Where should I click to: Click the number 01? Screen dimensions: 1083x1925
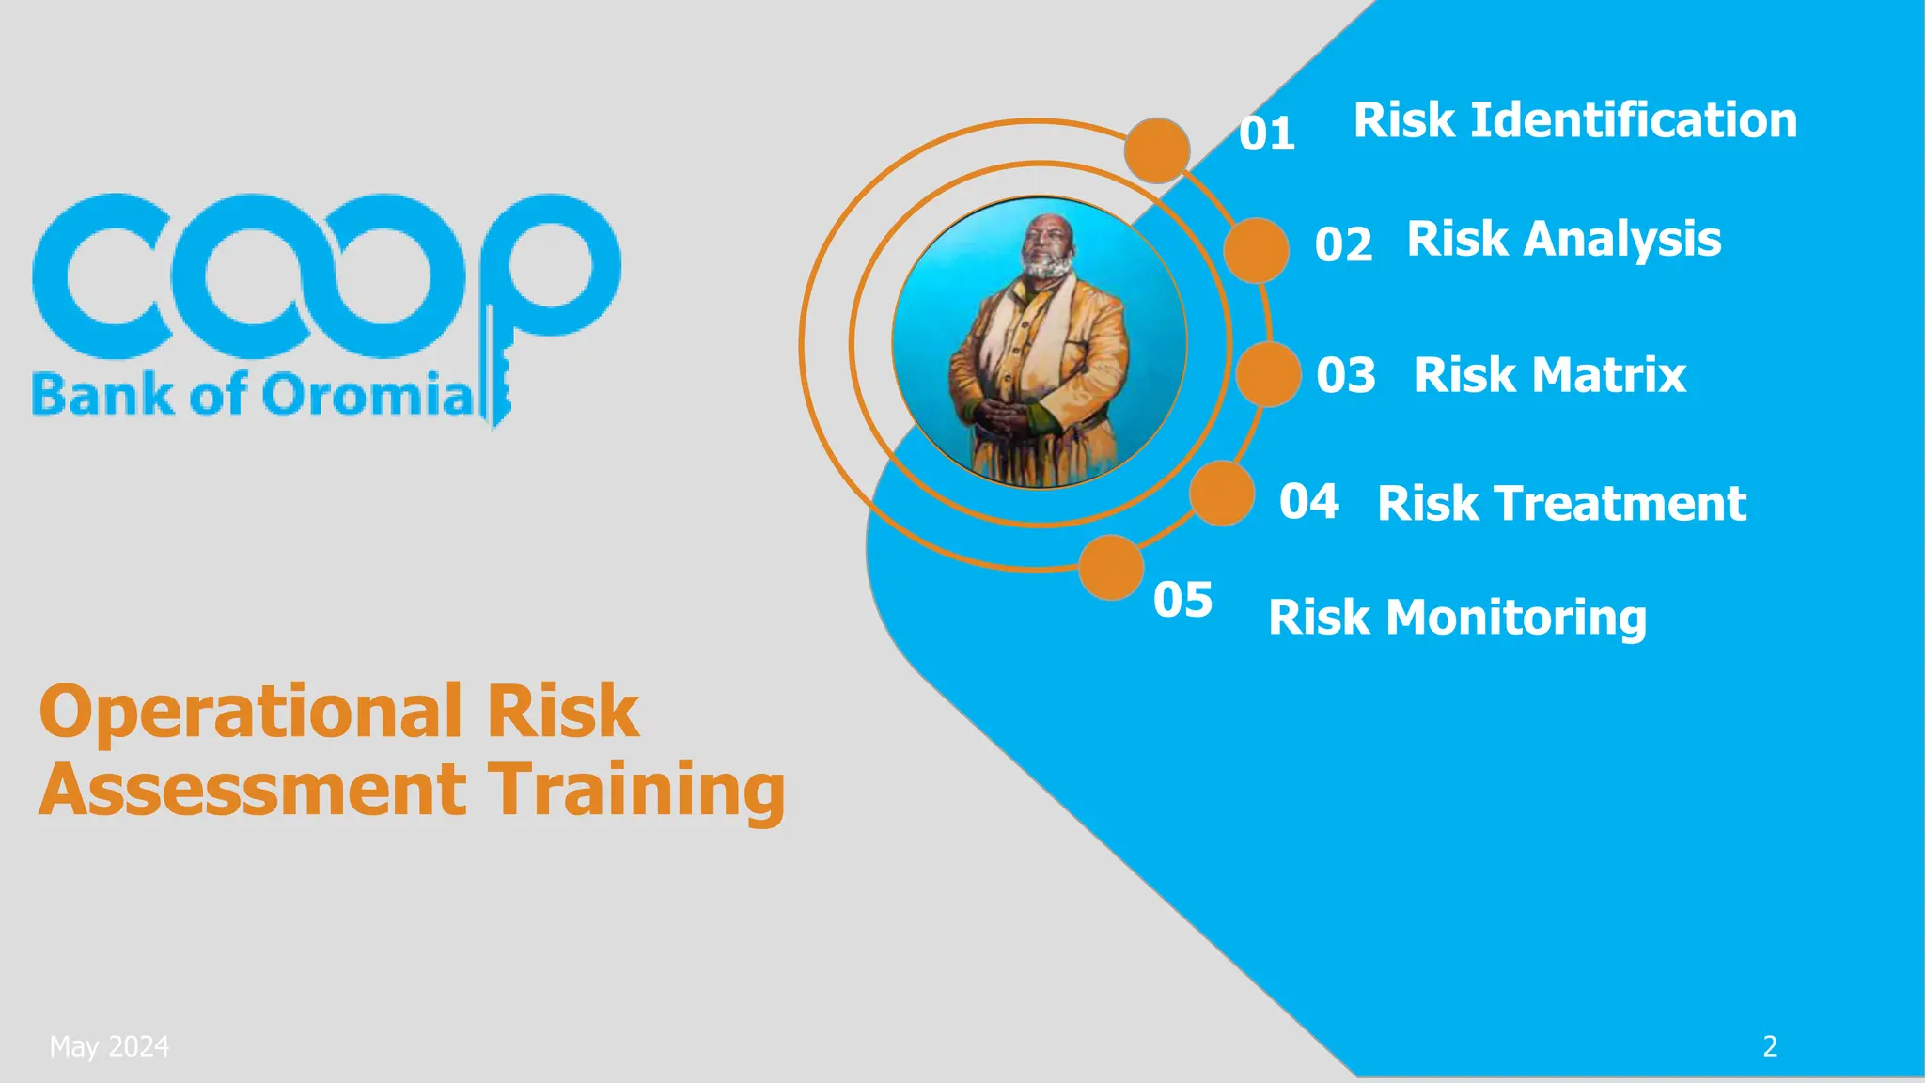coord(1266,133)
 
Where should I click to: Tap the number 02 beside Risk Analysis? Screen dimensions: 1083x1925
coord(1343,244)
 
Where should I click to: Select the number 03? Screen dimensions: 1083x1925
coord(1345,374)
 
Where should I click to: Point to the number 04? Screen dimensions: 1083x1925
coord(1308,501)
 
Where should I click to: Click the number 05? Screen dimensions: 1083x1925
coord(1182,599)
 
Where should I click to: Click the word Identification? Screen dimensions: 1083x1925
coord(1634,120)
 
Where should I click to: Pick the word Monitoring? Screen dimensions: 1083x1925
coord(1516,618)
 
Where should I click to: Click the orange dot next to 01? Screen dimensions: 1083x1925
coord(1157,150)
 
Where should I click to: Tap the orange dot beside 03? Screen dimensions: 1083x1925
coord(1268,374)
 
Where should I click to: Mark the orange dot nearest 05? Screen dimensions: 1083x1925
coord(1111,567)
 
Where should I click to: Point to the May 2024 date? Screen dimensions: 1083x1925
coord(109,1046)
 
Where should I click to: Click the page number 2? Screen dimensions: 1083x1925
coord(1770,1046)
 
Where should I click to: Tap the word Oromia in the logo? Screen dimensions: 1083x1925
coord(368,395)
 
